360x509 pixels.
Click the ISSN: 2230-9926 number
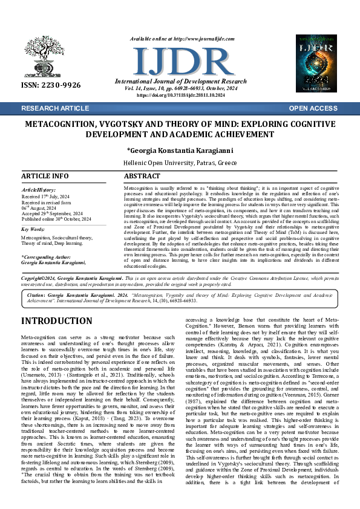click(x=51, y=85)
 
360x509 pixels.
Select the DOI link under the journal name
click(x=180, y=96)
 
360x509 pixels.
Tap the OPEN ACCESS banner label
click(x=313, y=108)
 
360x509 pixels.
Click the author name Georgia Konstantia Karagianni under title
click(x=180, y=150)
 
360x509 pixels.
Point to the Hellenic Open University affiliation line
click(x=180, y=163)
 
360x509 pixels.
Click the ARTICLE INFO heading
click(x=45, y=176)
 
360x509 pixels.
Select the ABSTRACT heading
click(x=142, y=176)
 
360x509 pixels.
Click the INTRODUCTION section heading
click(x=58, y=321)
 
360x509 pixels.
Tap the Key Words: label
click(x=33, y=230)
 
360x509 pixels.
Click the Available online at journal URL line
click(x=180, y=39)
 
